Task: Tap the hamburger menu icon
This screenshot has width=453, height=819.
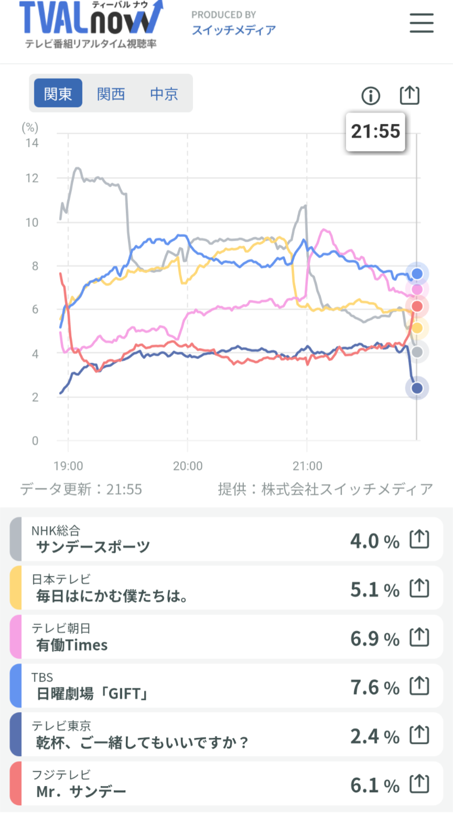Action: pyautogui.click(x=421, y=23)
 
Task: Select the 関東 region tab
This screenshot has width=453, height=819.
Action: pyautogui.click(x=58, y=93)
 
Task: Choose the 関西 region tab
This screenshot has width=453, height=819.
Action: pyautogui.click(x=111, y=93)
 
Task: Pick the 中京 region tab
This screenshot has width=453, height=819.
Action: pyautogui.click(x=164, y=93)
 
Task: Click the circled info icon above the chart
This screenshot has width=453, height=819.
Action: pyautogui.click(x=371, y=96)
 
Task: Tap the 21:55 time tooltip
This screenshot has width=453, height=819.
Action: pyautogui.click(x=375, y=132)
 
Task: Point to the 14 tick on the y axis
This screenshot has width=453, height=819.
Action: pyautogui.click(x=32, y=143)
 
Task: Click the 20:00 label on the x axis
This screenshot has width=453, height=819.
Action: pyautogui.click(x=188, y=466)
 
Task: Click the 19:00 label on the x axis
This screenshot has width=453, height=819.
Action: pyautogui.click(x=68, y=466)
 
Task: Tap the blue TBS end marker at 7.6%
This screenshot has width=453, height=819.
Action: pyautogui.click(x=417, y=274)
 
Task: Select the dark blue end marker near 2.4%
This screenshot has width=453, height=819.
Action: pyautogui.click(x=417, y=388)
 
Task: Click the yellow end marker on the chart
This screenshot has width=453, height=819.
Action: pyautogui.click(x=417, y=328)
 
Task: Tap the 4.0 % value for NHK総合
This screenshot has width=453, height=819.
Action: pyautogui.click(x=374, y=541)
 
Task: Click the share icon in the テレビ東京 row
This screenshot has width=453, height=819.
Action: pyautogui.click(x=419, y=736)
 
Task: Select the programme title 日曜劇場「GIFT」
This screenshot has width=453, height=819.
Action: pyautogui.click(x=92, y=694)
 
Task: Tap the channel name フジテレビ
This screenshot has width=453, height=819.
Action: pyautogui.click(x=61, y=774)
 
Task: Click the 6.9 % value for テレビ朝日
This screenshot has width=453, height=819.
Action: pyautogui.click(x=374, y=639)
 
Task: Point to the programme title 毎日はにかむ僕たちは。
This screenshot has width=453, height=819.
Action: pyautogui.click(x=112, y=596)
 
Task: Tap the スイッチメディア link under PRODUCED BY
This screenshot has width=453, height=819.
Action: pyautogui.click(x=234, y=30)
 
